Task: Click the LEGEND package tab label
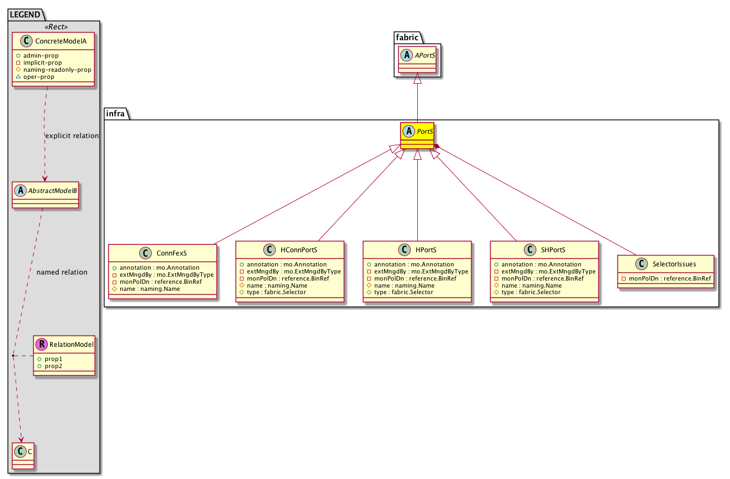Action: tap(25, 15)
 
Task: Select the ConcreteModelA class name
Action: tap(61, 41)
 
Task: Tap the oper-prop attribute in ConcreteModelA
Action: tap(39, 77)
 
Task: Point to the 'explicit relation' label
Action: tap(72, 136)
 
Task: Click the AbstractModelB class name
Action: tap(52, 190)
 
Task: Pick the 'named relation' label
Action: tap(62, 272)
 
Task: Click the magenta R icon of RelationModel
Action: tap(42, 344)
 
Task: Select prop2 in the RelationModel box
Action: tap(53, 366)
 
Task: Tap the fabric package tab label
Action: tap(407, 38)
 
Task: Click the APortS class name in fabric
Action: tap(425, 55)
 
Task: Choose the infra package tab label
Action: tap(115, 113)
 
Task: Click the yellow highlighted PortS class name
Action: tap(425, 131)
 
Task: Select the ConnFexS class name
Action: tap(172, 253)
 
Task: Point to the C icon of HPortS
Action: tap(404, 250)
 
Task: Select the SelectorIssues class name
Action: tap(674, 264)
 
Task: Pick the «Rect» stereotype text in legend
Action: tap(56, 27)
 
